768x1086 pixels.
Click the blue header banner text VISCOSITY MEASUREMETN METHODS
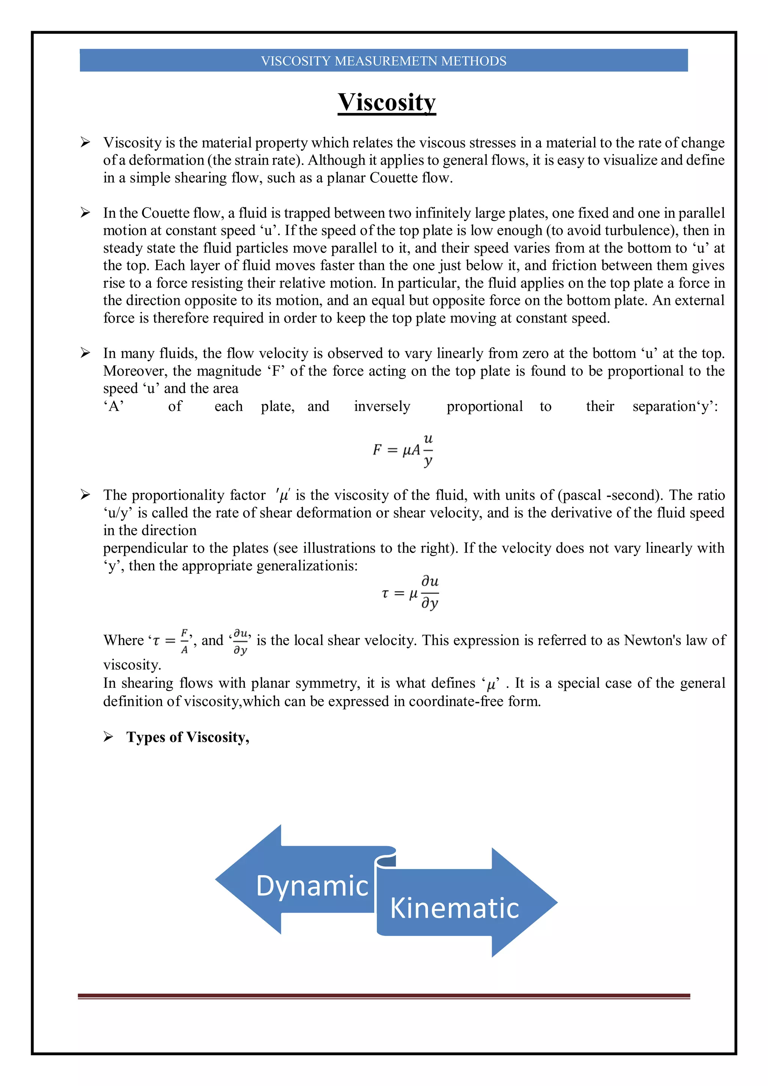pos(384,61)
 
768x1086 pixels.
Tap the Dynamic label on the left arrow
pos(312,885)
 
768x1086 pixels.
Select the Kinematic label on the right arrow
pos(454,908)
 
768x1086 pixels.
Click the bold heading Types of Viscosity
pos(188,737)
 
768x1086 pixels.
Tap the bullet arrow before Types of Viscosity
pos(108,736)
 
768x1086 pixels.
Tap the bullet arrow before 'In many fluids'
pos(85,353)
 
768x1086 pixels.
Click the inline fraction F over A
pos(184,641)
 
